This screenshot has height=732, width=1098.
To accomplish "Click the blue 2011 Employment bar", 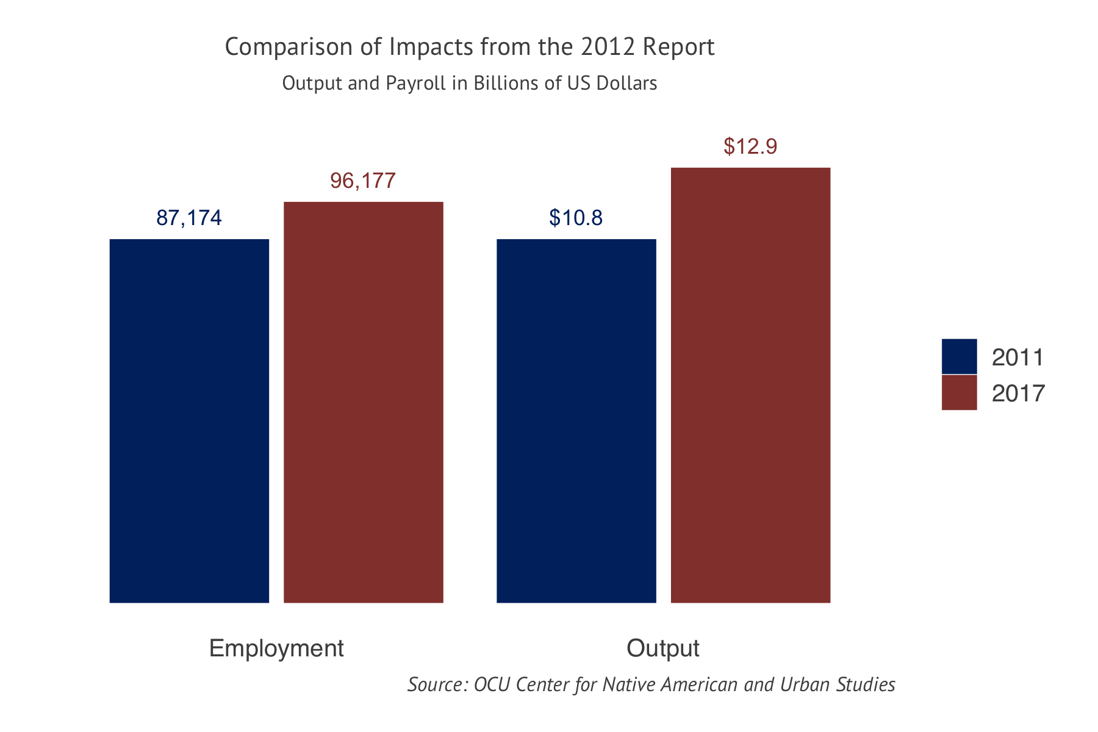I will click(189, 421).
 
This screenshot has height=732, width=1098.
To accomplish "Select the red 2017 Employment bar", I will click(364, 403).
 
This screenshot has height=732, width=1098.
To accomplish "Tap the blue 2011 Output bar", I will click(576, 421).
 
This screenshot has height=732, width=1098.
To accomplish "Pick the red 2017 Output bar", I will click(750, 384).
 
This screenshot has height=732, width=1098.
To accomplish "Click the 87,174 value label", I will click(189, 218).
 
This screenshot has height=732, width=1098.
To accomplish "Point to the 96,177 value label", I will click(363, 181).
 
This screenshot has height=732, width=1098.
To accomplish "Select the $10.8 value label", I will click(576, 218).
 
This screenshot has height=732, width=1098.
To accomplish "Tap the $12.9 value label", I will click(750, 146).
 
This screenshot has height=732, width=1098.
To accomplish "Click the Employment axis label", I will click(276, 648).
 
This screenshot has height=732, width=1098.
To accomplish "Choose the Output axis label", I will click(663, 648).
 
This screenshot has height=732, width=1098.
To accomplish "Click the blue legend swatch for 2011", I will click(959, 356).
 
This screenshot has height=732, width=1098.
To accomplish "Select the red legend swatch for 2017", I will click(959, 392).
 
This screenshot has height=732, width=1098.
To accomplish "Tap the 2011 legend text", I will click(1017, 357).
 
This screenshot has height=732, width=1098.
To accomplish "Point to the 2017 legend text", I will click(1017, 393).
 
